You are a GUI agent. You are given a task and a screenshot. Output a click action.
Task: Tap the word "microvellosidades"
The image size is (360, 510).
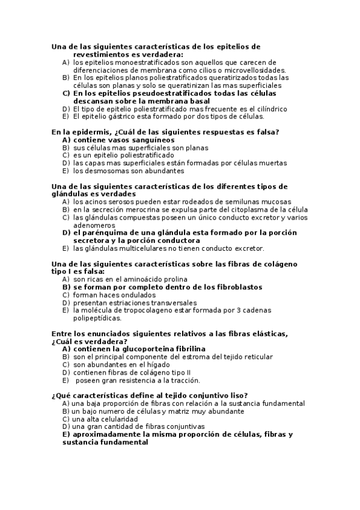click(x=233, y=70)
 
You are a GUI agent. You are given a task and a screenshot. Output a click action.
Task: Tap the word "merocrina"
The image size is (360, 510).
click(x=147, y=209)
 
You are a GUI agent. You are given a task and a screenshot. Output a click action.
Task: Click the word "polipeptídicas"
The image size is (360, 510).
click(x=97, y=318)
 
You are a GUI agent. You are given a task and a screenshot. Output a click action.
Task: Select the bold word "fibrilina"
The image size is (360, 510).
click(x=186, y=349)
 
